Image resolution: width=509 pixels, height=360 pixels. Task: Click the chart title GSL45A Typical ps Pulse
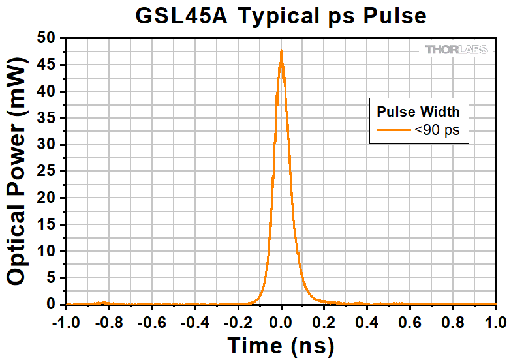[281, 15]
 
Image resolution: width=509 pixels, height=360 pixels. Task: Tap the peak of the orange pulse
[281, 50]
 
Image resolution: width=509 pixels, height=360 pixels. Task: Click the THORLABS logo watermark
[456, 50]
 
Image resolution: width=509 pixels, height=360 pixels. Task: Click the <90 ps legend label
[437, 130]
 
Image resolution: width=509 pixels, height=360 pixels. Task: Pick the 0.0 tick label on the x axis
[281, 321]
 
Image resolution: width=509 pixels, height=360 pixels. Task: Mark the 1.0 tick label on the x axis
[496, 321]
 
